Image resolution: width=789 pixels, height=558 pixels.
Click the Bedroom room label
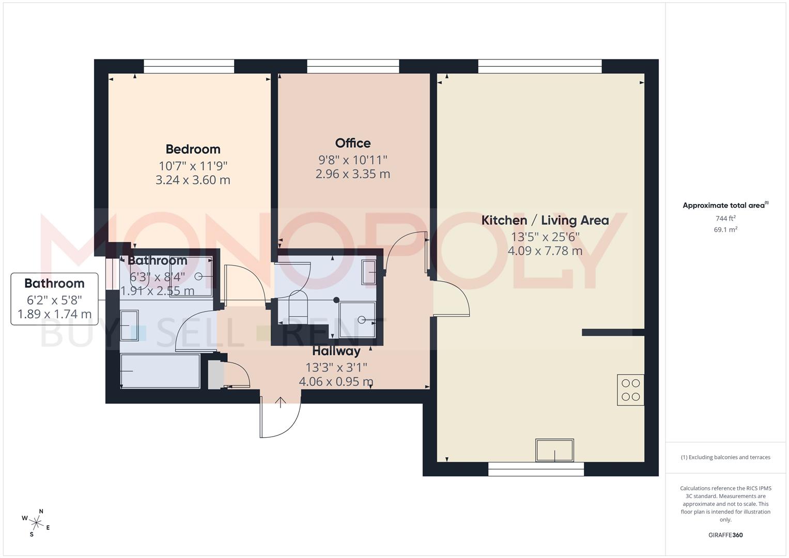pyautogui.click(x=193, y=149)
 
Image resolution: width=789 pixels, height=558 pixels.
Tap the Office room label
pyautogui.click(x=352, y=144)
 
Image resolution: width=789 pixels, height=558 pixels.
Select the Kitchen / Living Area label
pyautogui.click(x=545, y=221)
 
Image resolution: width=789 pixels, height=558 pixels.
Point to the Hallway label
pyautogui.click(x=336, y=351)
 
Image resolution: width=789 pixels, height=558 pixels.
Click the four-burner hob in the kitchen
pyautogui.click(x=630, y=390)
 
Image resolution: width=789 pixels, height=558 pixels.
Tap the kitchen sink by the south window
pyautogui.click(x=554, y=450)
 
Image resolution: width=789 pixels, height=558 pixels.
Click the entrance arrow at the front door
pyautogui.click(x=281, y=402)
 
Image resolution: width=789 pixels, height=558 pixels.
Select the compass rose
pyautogui.click(x=36, y=523)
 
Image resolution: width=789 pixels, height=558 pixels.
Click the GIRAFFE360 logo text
pyautogui.click(x=725, y=535)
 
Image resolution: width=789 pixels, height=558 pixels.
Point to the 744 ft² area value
pyautogui.click(x=725, y=218)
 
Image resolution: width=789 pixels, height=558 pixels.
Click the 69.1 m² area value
pyautogui.click(x=725, y=229)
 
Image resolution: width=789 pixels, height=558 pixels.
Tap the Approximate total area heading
pyautogui.click(x=725, y=205)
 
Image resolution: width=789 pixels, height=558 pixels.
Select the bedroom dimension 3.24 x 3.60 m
pyautogui.click(x=193, y=180)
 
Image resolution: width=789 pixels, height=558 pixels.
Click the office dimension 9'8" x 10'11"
pyautogui.click(x=352, y=160)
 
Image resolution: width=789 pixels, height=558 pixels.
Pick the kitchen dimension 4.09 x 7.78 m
pyautogui.click(x=545, y=251)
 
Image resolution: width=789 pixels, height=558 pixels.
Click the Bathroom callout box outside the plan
pyautogui.click(x=54, y=299)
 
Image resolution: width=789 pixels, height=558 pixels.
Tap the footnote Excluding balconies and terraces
pyautogui.click(x=725, y=457)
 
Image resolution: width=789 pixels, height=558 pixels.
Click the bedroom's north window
pyautogui.click(x=189, y=66)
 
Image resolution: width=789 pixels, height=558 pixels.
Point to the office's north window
pyautogui.click(x=353, y=66)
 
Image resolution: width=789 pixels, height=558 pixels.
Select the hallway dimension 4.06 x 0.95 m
pyautogui.click(x=336, y=381)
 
